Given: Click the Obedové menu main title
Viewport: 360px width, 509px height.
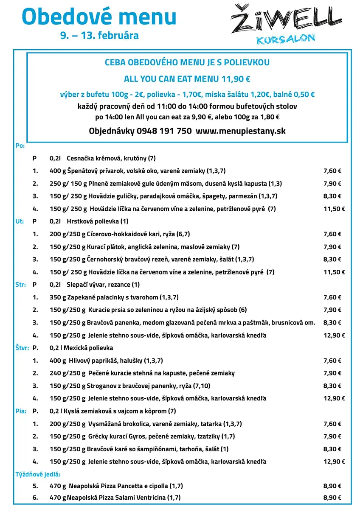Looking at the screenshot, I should click(x=99, y=17).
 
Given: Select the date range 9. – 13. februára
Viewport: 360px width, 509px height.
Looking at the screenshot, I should click(x=99, y=36).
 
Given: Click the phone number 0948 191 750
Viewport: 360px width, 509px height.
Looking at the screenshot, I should click(x=164, y=131).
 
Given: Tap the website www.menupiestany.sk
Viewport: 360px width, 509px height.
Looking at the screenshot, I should click(x=241, y=131).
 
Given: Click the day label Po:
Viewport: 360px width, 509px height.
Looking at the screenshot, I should click(x=20, y=145).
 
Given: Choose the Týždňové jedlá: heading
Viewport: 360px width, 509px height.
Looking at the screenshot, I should click(x=38, y=474).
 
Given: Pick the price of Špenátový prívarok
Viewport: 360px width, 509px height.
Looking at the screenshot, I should click(x=332, y=171).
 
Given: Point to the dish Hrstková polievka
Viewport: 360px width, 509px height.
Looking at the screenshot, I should click(x=97, y=221).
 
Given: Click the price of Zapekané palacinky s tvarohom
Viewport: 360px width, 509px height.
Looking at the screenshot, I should click(x=332, y=297).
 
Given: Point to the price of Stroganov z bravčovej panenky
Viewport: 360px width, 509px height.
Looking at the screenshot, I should click(x=332, y=386).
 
